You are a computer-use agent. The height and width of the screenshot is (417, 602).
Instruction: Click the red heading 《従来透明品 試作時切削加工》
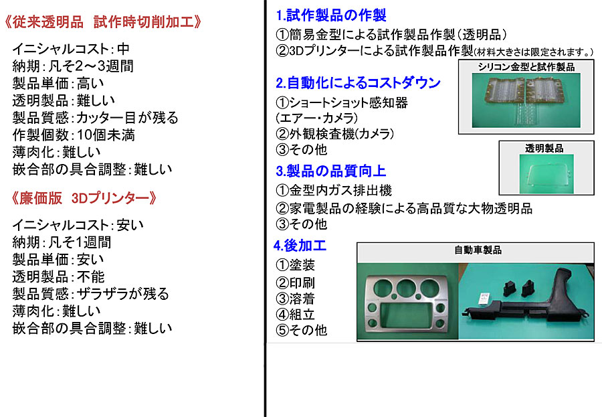point(102,22)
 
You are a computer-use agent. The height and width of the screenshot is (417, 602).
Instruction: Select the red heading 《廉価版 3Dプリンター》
point(84,198)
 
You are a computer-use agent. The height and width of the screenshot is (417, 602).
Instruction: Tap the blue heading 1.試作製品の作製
point(331,15)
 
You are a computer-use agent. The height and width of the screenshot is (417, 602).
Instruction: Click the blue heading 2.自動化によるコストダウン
point(358,82)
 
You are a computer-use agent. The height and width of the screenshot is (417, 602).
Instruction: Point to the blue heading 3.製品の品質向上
point(330,171)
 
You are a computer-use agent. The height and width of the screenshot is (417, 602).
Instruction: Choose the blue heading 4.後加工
point(300,245)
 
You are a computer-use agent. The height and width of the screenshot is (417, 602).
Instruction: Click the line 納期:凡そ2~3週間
point(73,66)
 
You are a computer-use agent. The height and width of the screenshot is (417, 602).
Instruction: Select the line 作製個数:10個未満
point(74,135)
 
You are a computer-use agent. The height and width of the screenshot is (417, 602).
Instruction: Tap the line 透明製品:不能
point(58,276)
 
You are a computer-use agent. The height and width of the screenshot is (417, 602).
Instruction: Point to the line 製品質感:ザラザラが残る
point(90,294)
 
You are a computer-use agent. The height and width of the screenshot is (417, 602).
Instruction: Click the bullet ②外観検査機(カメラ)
point(335,134)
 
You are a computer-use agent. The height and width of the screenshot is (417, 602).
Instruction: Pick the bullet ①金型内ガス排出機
point(334,190)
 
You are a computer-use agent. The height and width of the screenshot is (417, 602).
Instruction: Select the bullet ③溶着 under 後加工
point(295,299)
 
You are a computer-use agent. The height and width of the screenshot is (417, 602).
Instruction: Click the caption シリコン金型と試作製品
point(526,67)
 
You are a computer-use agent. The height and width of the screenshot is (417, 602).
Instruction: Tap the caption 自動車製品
point(478,250)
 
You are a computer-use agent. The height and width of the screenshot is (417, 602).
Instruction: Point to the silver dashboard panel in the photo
point(407,303)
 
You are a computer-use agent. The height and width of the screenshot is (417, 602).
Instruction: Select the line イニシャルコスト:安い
point(78,225)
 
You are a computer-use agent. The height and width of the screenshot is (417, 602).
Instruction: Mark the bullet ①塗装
point(295,265)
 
